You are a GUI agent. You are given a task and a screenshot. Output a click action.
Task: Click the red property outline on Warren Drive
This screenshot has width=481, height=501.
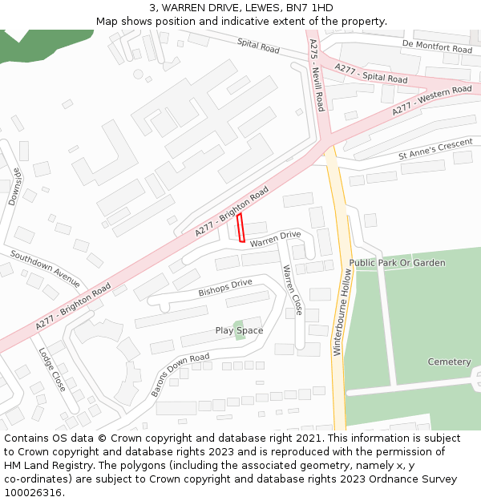(x=240, y=228)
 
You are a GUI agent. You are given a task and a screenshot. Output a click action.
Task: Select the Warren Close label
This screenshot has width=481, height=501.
(x=293, y=289)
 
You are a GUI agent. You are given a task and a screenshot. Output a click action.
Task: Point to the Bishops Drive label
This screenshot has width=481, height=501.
(x=225, y=288)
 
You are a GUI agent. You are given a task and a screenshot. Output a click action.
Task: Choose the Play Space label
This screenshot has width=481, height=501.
(x=239, y=330)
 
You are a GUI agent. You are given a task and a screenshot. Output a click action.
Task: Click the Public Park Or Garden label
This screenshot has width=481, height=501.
(x=397, y=263)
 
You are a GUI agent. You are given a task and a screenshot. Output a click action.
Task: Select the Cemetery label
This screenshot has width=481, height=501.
(x=449, y=362)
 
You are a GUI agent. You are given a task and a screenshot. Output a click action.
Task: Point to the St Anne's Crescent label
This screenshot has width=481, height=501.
(x=435, y=149)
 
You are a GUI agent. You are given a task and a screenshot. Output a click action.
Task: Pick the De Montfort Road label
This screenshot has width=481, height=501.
(x=437, y=46)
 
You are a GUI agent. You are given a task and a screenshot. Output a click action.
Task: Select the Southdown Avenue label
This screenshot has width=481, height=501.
(x=45, y=269)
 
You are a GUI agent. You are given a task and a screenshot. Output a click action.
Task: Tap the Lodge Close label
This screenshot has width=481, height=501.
(x=52, y=369)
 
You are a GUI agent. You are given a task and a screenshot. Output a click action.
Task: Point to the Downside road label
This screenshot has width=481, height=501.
(x=14, y=187)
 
